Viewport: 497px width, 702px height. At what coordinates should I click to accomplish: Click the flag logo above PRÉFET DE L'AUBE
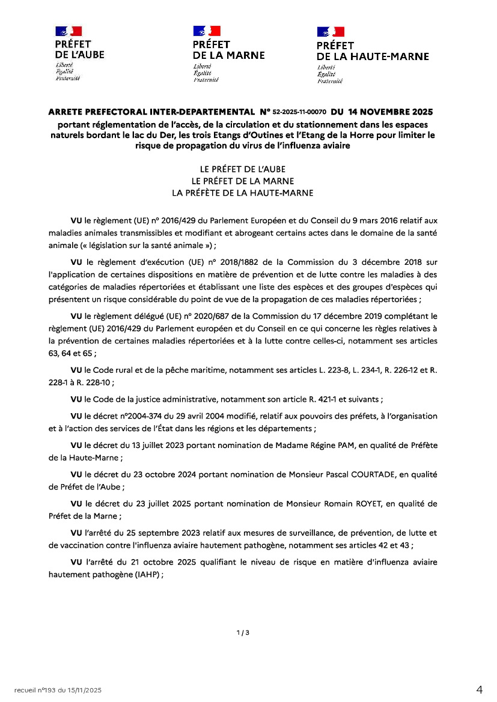(x=69, y=31)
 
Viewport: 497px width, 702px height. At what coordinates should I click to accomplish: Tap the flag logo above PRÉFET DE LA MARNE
(x=207, y=31)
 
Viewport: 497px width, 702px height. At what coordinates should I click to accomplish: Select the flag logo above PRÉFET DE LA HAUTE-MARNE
(x=331, y=32)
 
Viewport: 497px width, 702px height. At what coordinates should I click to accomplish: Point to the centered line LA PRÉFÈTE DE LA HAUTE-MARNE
(x=243, y=193)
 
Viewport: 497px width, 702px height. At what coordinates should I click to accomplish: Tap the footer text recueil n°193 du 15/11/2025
(x=58, y=691)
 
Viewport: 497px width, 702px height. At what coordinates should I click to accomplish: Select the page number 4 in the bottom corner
(x=479, y=690)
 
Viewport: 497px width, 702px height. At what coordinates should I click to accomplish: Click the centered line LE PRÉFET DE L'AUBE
(x=243, y=169)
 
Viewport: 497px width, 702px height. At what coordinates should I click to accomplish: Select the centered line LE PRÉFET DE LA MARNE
(x=243, y=181)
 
